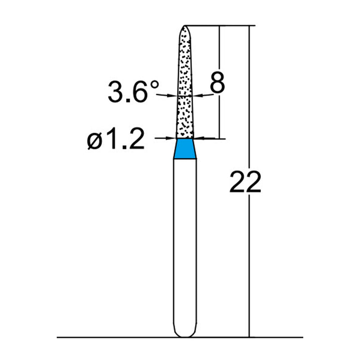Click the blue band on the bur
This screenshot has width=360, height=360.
(185, 148)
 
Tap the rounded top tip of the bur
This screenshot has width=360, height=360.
(185, 28)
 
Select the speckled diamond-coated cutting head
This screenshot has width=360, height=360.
(185, 85)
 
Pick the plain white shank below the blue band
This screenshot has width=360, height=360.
(185, 243)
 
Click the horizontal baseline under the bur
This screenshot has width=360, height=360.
(112, 337)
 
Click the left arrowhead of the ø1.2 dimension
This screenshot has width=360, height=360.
(171, 139)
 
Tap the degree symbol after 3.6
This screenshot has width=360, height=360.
(155, 84)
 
